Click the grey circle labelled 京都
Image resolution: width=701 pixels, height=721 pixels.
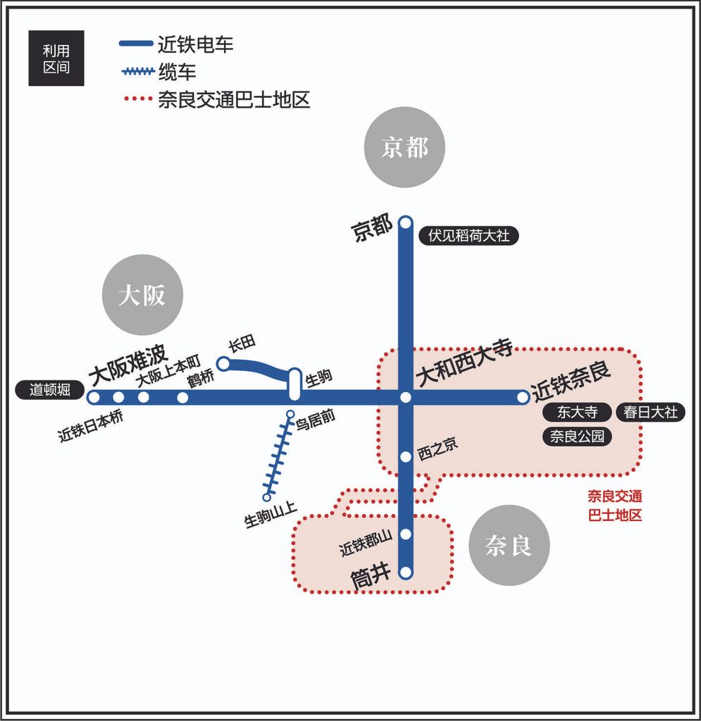tap(404, 147)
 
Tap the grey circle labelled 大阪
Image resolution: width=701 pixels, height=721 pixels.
tap(142, 295)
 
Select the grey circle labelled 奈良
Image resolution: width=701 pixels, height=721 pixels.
tap(509, 546)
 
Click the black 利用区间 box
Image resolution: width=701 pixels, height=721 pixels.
tap(56, 58)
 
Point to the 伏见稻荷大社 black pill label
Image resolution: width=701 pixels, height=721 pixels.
tap(469, 236)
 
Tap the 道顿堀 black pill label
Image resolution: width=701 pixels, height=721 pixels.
tap(50, 390)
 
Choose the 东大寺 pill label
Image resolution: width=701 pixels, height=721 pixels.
tap(577, 411)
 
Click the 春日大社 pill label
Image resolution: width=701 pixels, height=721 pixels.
tap(650, 411)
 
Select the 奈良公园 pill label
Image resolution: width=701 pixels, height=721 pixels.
tap(577, 436)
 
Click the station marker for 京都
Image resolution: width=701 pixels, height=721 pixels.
tap(405, 223)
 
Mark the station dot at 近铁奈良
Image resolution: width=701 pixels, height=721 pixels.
tap(523, 397)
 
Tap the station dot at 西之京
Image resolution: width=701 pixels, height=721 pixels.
tap(405, 456)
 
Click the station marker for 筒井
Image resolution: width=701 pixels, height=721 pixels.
tap(405, 572)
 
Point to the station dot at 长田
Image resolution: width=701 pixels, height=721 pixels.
tap(223, 364)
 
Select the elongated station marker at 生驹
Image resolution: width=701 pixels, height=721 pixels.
tap(294, 384)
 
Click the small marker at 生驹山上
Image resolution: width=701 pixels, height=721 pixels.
tap(267, 497)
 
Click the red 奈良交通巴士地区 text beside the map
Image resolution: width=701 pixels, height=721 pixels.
tap(614, 506)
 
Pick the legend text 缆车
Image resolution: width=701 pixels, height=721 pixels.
tap(177, 73)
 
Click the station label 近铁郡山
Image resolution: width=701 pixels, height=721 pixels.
tap(366, 543)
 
